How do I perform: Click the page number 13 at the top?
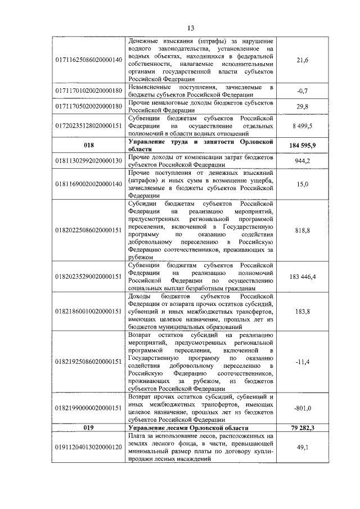pyautogui.click(x=191, y=28)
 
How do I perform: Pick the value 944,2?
pyautogui.click(x=302, y=160)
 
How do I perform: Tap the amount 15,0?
pyautogui.click(x=302, y=183)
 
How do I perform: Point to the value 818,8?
pyautogui.click(x=302, y=229)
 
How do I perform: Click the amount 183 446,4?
pyautogui.click(x=302, y=276)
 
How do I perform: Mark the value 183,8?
pyautogui.click(x=302, y=312)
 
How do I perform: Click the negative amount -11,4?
pyautogui.click(x=302, y=361)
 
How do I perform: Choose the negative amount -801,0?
pyautogui.click(x=302, y=408)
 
